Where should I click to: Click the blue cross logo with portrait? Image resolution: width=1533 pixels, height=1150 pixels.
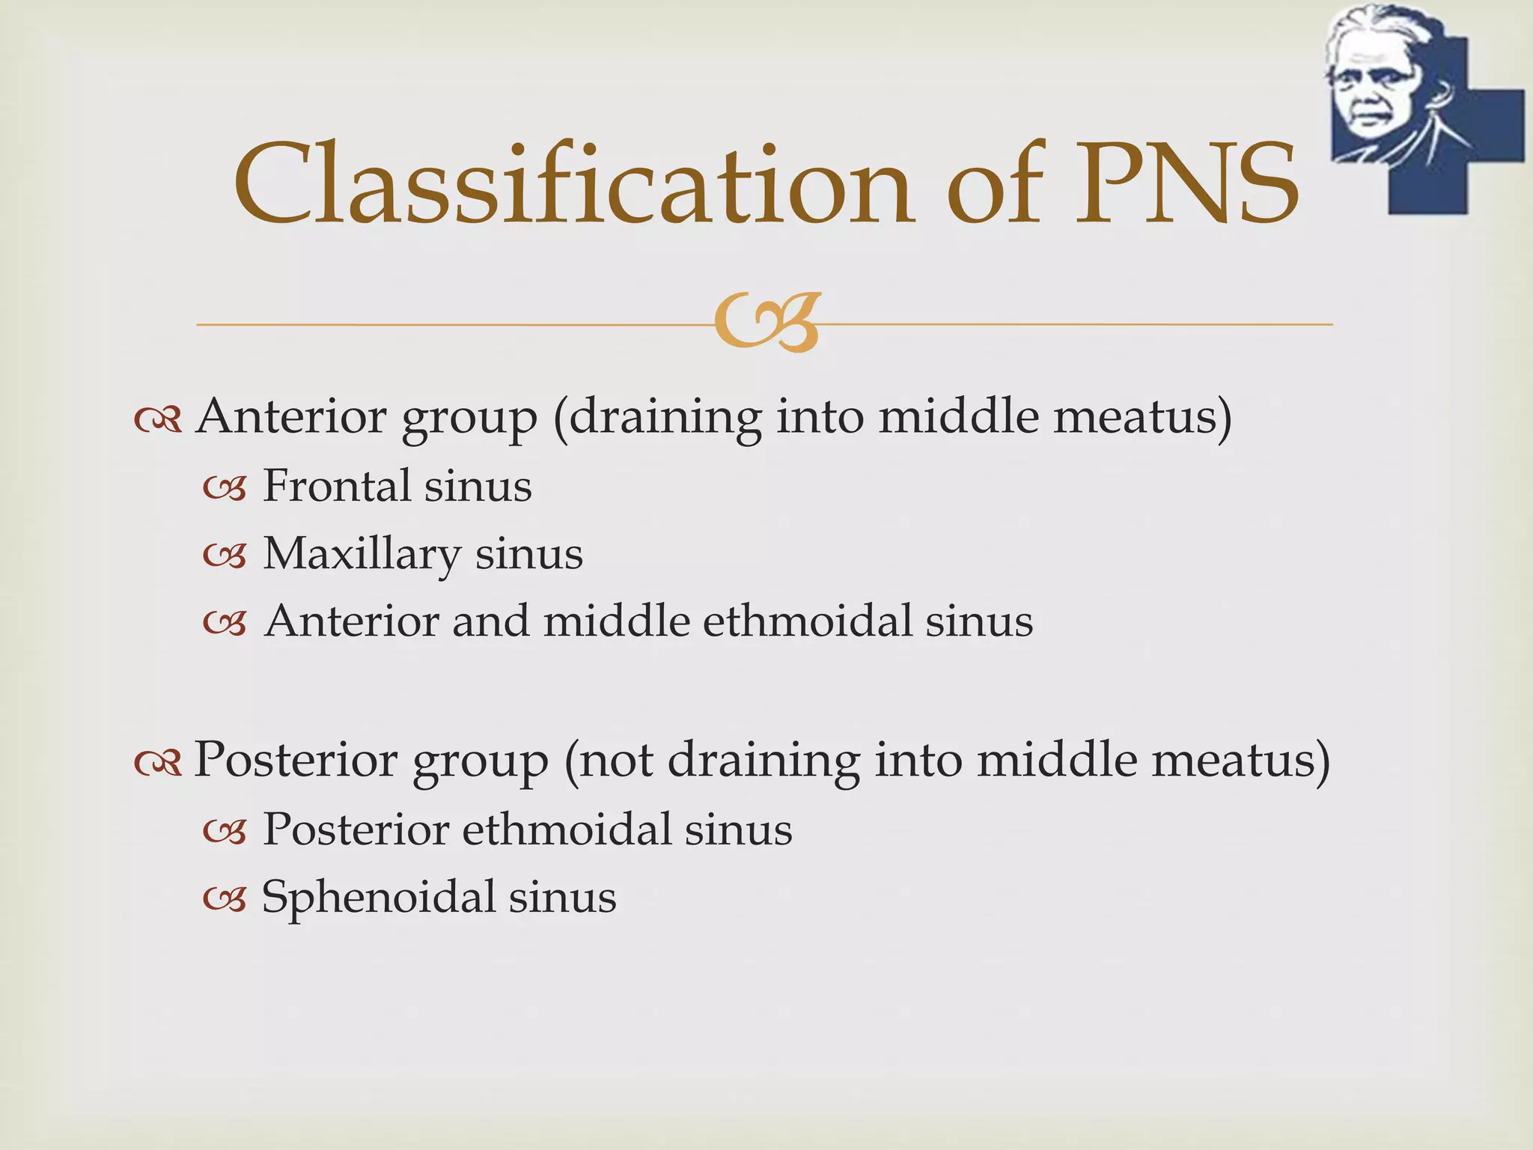[1425, 105]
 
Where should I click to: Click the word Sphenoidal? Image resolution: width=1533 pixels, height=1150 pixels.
[378, 897]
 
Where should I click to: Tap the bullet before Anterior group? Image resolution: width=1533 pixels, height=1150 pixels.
[158, 421]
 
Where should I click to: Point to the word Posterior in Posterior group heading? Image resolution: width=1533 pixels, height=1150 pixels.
[296, 761]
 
